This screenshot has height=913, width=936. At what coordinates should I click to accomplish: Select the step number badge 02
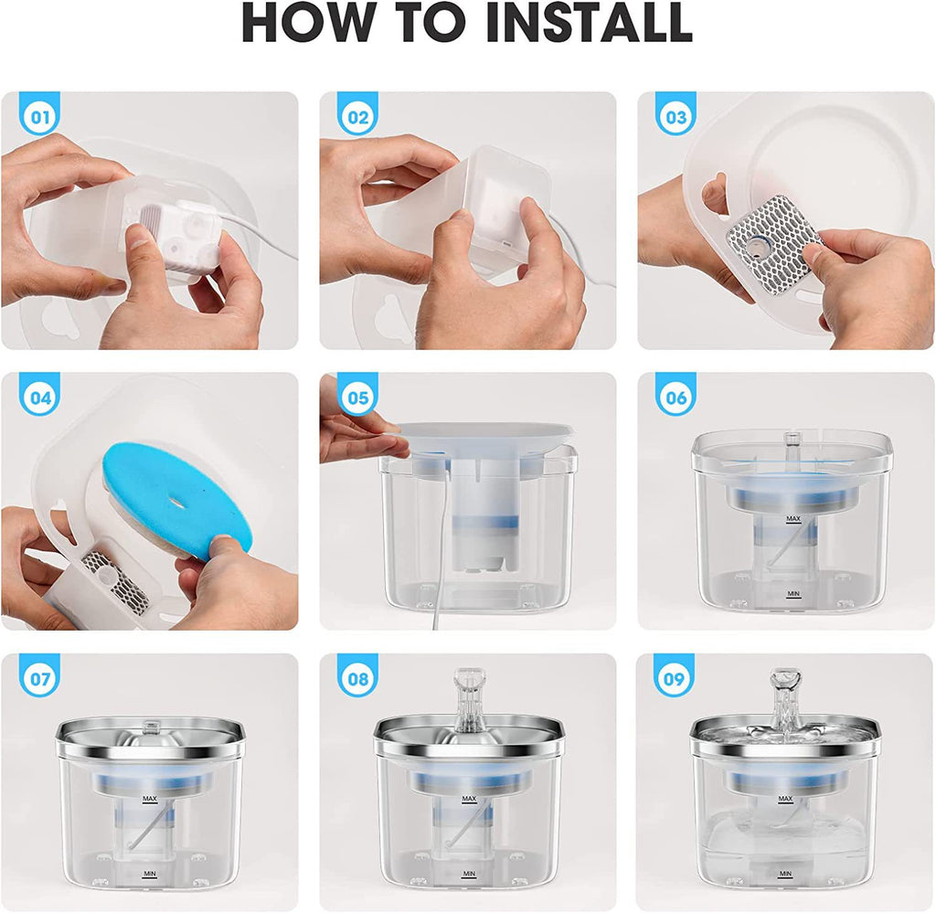tap(356, 117)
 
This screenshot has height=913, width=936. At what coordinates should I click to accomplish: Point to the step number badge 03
tap(675, 117)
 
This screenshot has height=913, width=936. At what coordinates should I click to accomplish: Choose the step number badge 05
tap(356, 398)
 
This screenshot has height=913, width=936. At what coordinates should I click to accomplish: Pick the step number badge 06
tap(675, 398)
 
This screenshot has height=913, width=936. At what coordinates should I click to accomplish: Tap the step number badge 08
tap(356, 679)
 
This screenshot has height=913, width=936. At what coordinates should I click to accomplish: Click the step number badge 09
tap(675, 679)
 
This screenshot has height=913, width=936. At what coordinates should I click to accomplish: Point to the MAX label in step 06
tap(792, 519)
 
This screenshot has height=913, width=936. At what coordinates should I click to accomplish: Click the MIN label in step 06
tap(792, 593)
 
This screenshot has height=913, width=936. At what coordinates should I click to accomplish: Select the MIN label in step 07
tap(148, 874)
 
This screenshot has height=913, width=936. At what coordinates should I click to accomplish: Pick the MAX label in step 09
tap(784, 799)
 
